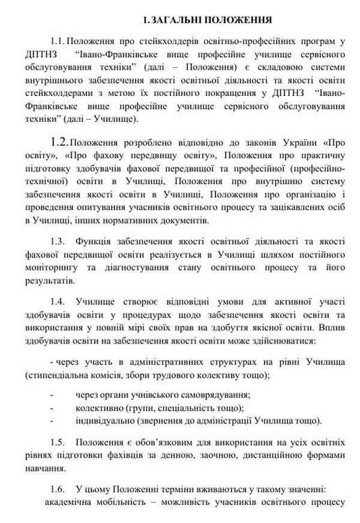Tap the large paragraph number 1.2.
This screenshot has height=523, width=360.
pyautogui.click(x=60, y=142)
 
